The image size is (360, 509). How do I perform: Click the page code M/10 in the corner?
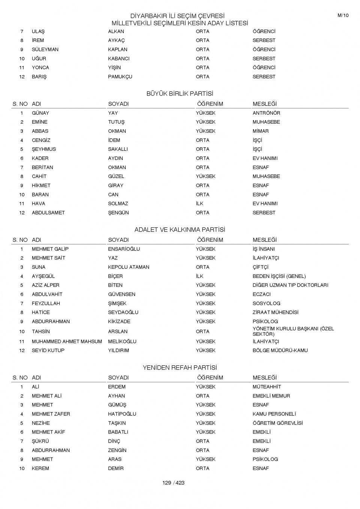pyautogui.click(x=343, y=15)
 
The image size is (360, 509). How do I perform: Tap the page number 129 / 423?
pyautogui.click(x=173, y=483)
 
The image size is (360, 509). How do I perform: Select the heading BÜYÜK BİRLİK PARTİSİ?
pyautogui.click(x=180, y=94)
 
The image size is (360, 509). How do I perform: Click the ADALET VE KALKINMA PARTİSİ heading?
pyautogui.click(x=180, y=230)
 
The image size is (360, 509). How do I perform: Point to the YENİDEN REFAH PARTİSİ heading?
pyautogui.click(x=180, y=368)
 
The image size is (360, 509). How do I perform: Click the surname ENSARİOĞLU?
pyautogui.click(x=124, y=249)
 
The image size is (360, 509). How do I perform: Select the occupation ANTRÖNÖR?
pyautogui.click(x=266, y=113)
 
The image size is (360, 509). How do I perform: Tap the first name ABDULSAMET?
pyautogui.click(x=48, y=213)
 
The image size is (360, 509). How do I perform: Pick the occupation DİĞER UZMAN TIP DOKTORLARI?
pyautogui.click(x=290, y=285)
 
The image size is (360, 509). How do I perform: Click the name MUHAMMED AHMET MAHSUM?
pyautogui.click(x=67, y=341)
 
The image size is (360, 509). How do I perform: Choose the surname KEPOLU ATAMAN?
pyautogui.click(x=129, y=267)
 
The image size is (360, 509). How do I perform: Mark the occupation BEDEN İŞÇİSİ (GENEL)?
pyautogui.click(x=279, y=276)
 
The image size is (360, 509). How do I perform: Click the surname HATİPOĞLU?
pyautogui.click(x=122, y=414)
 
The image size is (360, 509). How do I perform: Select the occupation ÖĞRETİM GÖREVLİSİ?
pyautogui.click(x=277, y=423)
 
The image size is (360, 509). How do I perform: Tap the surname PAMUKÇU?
pyautogui.click(x=120, y=76)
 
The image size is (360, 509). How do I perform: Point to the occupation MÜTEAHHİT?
pyautogui.click(x=267, y=387)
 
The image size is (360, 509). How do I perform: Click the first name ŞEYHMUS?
pyautogui.click(x=44, y=149)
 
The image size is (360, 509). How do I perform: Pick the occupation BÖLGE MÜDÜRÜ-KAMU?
pyautogui.click(x=280, y=350)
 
